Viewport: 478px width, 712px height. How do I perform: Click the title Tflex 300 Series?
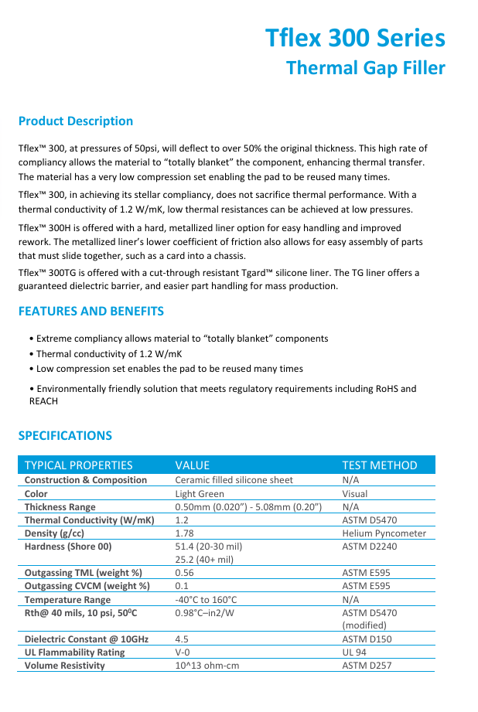pyautogui.click(x=355, y=38)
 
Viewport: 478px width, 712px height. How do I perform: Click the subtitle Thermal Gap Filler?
pyautogui.click(x=365, y=68)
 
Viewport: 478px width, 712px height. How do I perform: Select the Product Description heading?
pyautogui.click(x=76, y=121)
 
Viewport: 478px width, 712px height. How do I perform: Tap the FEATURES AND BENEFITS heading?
pyautogui.click(x=91, y=311)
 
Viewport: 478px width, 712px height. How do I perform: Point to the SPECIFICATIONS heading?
pyautogui.click(x=65, y=435)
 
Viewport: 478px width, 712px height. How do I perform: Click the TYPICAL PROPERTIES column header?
pyautogui.click(x=78, y=465)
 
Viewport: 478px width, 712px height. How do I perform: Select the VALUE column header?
pyautogui.click(x=193, y=465)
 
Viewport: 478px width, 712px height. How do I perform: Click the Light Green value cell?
pyautogui.click(x=200, y=493)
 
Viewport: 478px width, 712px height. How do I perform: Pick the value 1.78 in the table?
pyautogui.click(x=184, y=533)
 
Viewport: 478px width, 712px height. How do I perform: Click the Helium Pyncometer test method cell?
pyautogui.click(x=384, y=533)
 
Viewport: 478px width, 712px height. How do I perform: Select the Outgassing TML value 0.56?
pyautogui.click(x=184, y=573)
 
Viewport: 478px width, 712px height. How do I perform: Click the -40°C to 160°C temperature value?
pyautogui.click(x=206, y=599)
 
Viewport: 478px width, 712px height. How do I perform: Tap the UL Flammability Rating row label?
pyautogui.click(x=74, y=652)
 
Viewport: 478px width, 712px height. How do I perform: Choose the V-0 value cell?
pyautogui.click(x=183, y=652)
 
